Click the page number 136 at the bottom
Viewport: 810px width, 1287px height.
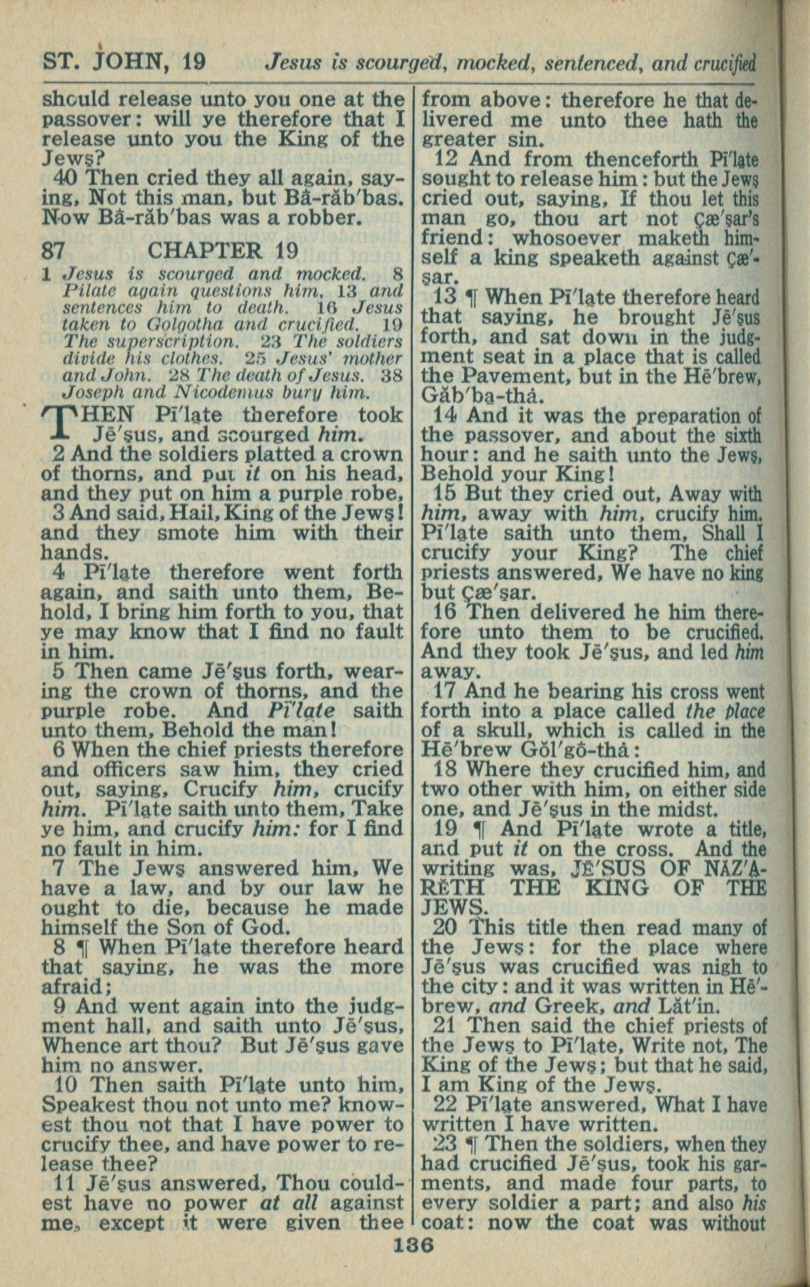412,1246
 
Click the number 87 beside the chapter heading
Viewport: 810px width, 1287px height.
53,251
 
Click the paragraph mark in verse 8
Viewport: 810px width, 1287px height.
85,948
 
